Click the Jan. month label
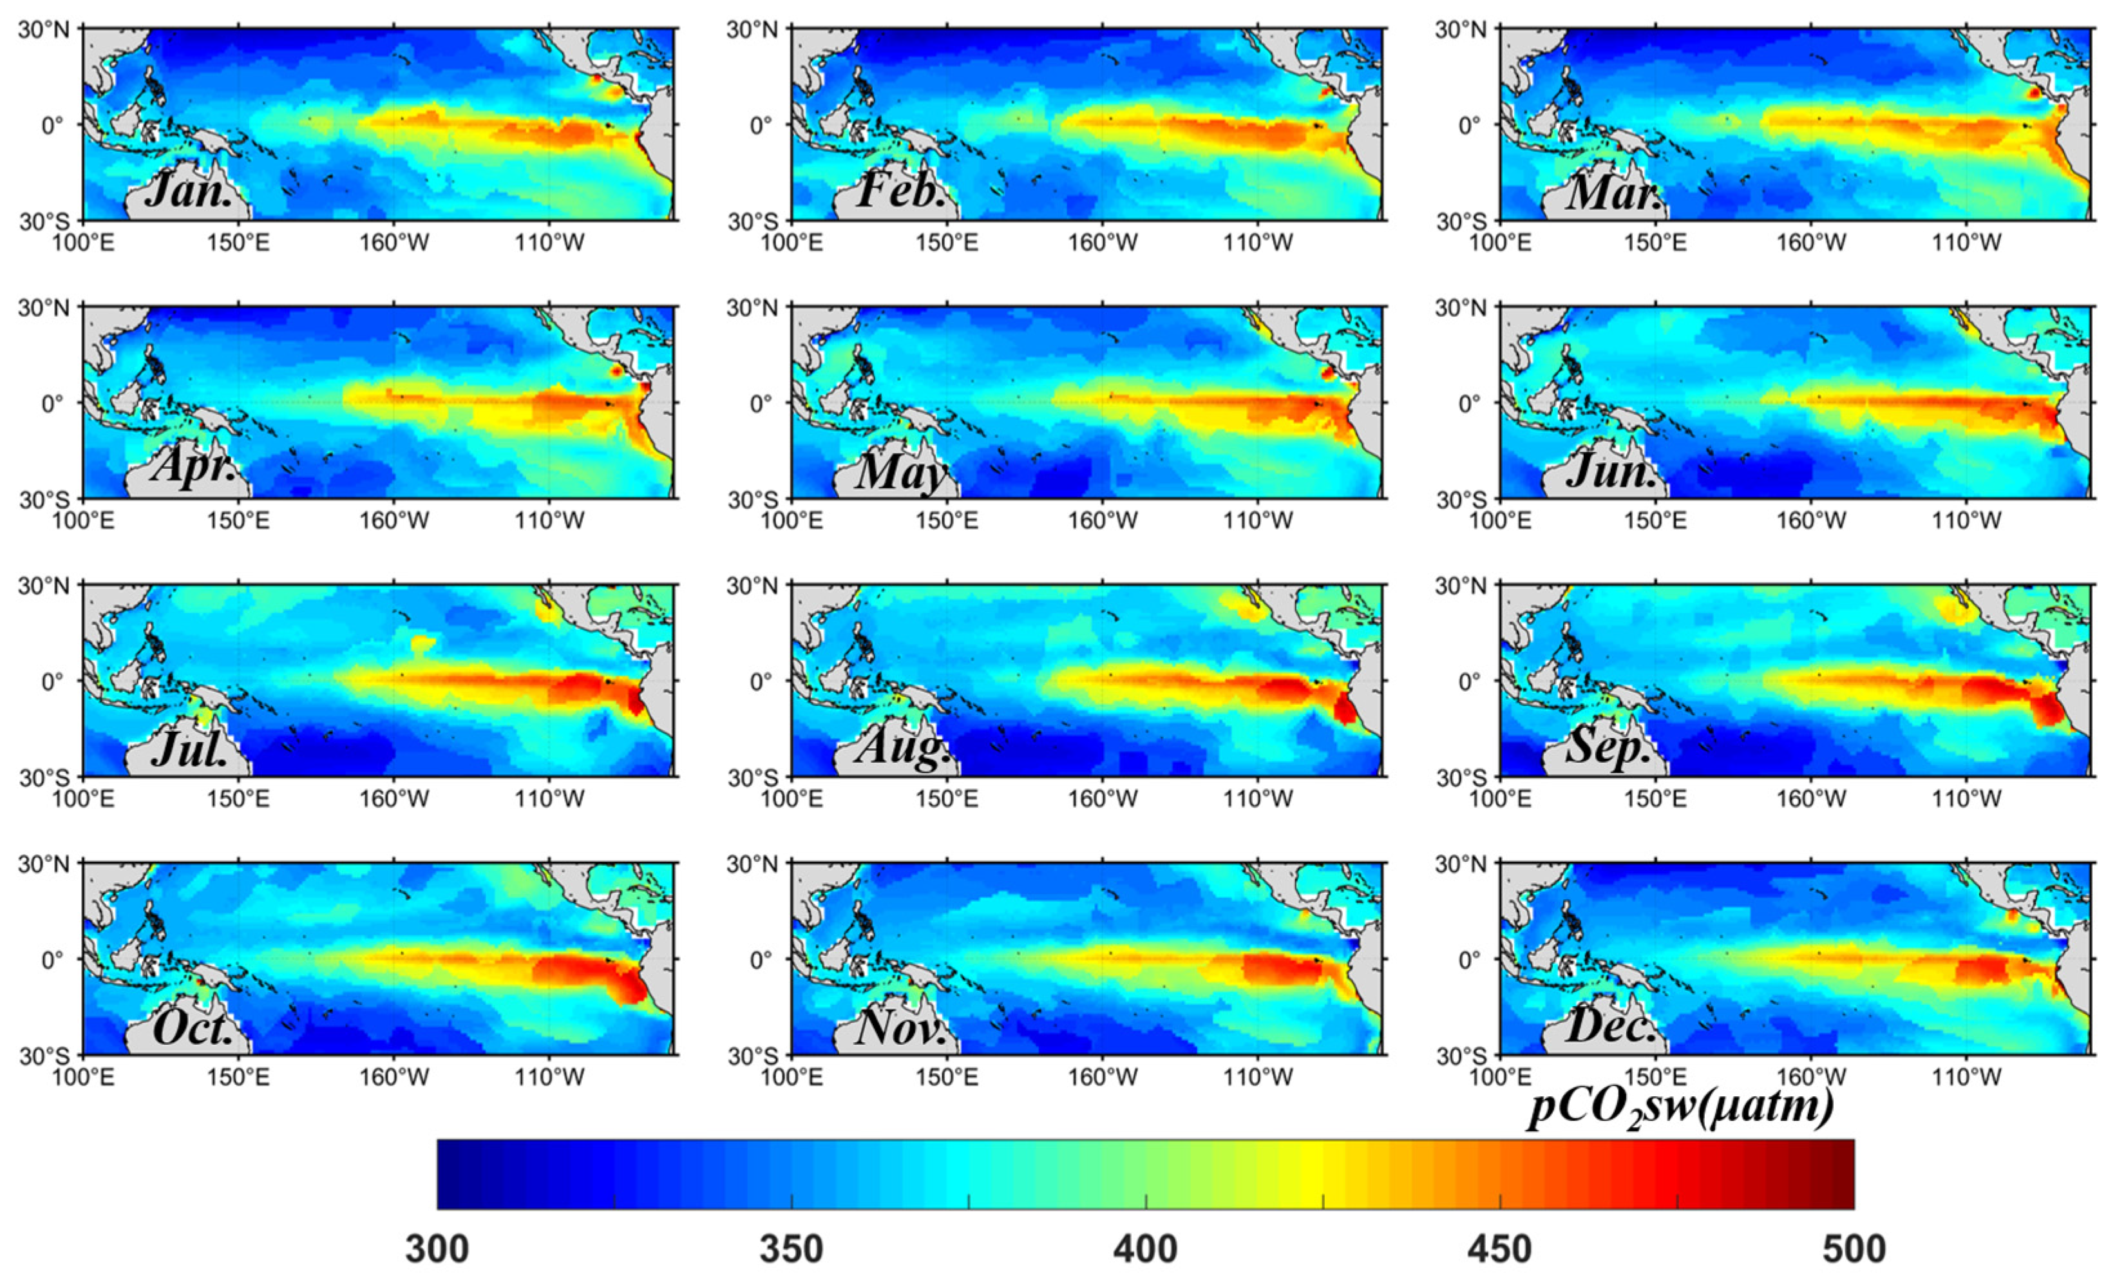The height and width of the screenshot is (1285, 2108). pos(189,190)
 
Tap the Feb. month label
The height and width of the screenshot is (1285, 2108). pos(900,190)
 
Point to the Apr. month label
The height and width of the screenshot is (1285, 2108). pos(193,468)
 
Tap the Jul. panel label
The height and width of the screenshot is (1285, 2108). pos(190,748)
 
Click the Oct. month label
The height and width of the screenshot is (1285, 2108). pos(193,1027)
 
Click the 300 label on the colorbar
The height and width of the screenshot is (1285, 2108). pos(437,1249)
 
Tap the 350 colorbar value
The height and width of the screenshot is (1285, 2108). pos(792,1249)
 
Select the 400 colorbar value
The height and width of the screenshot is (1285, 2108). pos(1146,1249)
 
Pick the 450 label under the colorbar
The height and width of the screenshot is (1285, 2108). pos(1500,1249)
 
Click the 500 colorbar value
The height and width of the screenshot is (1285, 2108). pos(1854,1249)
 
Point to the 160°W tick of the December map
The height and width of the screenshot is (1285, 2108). pos(1811,1076)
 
